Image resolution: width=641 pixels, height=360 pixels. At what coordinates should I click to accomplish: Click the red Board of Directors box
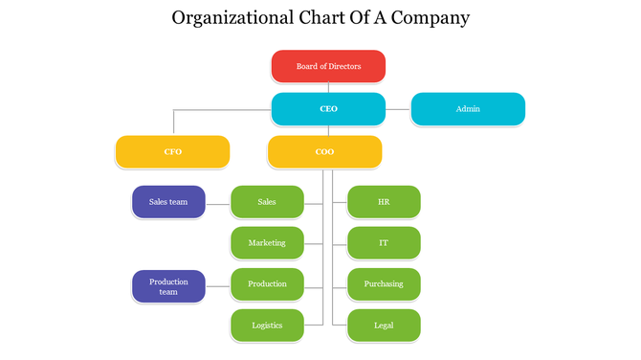[x=328, y=66]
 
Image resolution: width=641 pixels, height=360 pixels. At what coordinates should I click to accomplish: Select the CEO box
[x=328, y=109]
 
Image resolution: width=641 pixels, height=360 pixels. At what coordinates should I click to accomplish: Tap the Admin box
[x=468, y=109]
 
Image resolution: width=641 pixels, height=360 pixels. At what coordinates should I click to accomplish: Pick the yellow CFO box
[x=172, y=152]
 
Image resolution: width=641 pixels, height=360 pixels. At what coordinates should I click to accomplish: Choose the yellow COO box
[x=324, y=152]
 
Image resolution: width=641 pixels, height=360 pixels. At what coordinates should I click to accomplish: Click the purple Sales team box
[x=168, y=202]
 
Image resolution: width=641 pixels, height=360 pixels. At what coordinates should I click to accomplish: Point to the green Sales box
[x=267, y=202]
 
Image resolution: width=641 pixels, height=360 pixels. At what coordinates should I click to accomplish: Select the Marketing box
[x=267, y=243]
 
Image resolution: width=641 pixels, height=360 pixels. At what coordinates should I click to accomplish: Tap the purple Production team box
[x=168, y=285]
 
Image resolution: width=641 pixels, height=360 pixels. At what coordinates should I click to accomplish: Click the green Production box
[x=267, y=284]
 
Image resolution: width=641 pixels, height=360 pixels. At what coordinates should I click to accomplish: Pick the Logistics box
[x=267, y=326]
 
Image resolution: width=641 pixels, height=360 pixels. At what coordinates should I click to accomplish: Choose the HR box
[x=383, y=202]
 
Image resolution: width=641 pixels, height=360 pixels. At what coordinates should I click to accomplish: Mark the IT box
[x=383, y=243]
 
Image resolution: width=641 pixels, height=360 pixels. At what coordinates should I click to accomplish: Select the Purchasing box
[x=383, y=284]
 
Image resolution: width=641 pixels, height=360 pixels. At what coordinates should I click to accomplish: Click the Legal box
[x=383, y=326]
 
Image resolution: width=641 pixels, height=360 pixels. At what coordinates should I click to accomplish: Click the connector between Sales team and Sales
[x=218, y=202]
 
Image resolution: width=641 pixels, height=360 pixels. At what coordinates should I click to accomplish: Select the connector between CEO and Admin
[x=398, y=109]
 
